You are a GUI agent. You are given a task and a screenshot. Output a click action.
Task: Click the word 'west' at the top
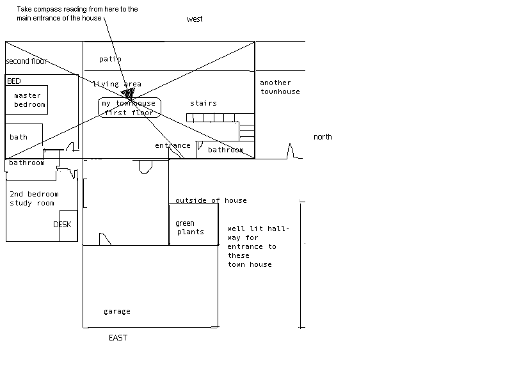[195, 19]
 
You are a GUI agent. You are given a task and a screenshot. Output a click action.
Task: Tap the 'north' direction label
[323, 137]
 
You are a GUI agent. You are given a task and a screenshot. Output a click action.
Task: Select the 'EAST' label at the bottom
[118, 338]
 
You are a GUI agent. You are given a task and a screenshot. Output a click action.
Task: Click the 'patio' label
[110, 59]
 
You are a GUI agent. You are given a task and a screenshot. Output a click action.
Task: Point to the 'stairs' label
[204, 103]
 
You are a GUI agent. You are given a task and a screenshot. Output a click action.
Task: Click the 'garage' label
[116, 312]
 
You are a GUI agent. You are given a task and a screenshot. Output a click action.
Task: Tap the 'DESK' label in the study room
[62, 225]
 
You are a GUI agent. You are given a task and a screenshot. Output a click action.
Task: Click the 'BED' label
[13, 81]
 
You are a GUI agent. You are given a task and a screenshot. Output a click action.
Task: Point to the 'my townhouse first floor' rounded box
[129, 108]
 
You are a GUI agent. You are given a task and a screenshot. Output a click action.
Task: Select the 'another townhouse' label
[280, 87]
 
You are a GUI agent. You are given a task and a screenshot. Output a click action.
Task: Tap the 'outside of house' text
[211, 200]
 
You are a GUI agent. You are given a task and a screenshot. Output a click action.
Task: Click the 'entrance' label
[172, 146]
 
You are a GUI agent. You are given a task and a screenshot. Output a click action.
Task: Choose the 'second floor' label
[27, 61]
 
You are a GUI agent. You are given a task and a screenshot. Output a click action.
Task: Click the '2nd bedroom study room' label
[33, 198]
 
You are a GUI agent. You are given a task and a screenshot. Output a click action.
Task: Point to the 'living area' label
[116, 84]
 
